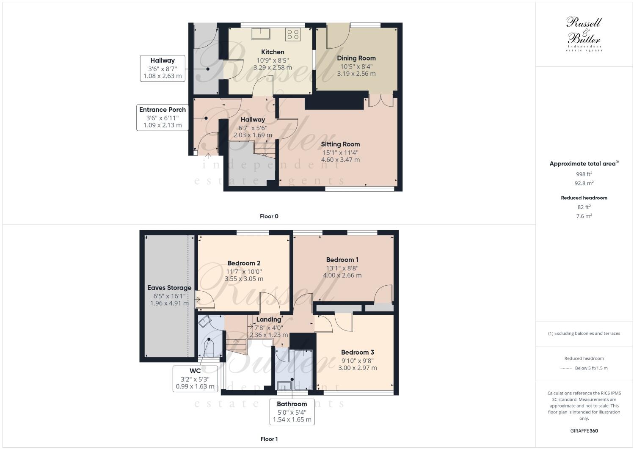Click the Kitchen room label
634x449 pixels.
273,52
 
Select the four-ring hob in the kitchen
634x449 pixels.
293,34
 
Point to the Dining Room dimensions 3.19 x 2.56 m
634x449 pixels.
356,74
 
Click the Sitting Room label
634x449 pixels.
340,144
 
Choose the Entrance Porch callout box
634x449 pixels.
163,117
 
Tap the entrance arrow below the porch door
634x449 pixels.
208,156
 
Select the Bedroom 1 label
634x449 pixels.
342,260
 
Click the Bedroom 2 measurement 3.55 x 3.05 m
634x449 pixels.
244,279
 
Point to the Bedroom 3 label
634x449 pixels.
357,353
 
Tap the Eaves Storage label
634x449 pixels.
169,288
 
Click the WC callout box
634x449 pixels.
195,378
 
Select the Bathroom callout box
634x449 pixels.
292,412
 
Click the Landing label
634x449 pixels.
268,320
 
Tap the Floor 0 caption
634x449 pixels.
269,216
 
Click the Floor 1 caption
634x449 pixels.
269,439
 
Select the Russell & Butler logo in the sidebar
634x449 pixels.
584,34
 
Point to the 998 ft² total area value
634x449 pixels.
584,174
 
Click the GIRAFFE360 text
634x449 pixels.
584,431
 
